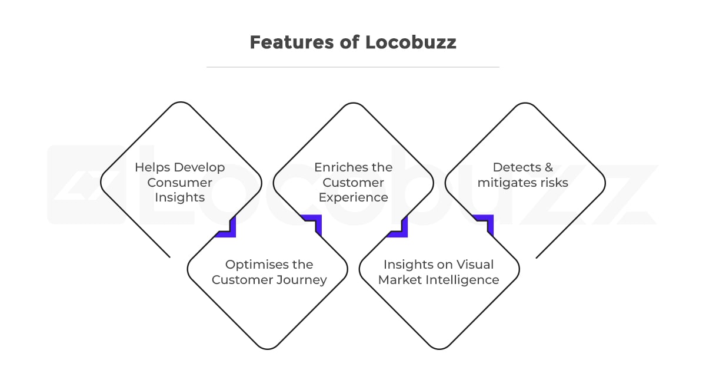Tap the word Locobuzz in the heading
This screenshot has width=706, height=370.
[x=411, y=42]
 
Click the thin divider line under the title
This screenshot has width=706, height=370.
[x=353, y=67]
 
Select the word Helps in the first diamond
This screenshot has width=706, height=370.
[x=152, y=167]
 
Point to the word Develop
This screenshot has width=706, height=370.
[x=199, y=167]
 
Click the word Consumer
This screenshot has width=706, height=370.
[x=179, y=183]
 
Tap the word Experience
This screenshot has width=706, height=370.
[x=354, y=198]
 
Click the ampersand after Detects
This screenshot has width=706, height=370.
[x=549, y=167]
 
